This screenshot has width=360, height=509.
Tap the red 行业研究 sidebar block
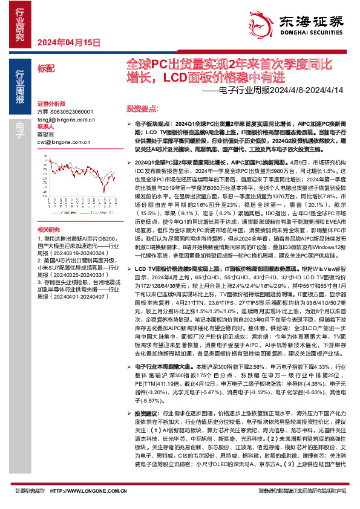[x=19, y=24]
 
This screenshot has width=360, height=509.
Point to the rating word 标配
[x=45, y=70]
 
